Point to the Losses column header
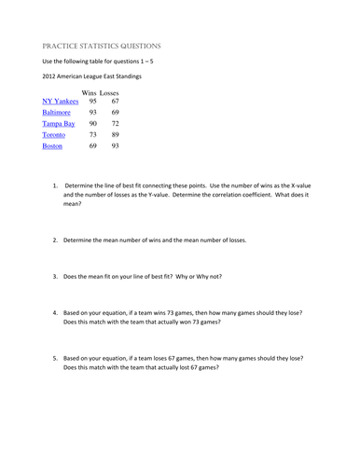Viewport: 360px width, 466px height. tap(115, 92)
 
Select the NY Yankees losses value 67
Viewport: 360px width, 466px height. tap(115, 101)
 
